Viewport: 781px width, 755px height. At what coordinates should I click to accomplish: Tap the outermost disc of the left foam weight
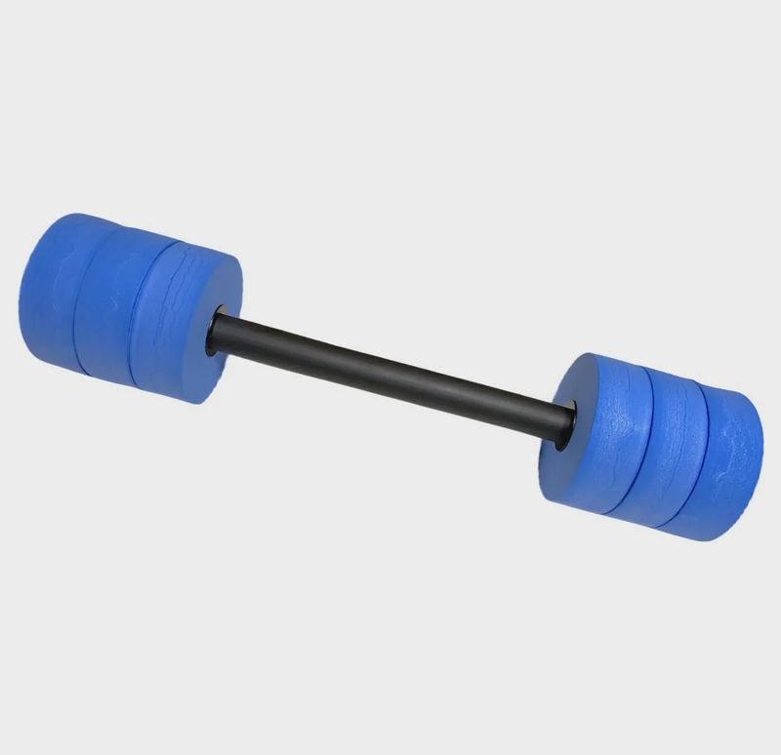coord(49,293)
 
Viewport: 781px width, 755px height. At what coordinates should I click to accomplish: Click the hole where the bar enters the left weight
coord(214,333)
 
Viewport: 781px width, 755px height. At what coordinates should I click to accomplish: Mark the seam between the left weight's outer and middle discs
coord(78,298)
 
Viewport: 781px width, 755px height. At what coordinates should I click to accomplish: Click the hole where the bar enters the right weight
coord(564,429)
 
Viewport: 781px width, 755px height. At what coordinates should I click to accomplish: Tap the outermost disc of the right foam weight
coord(727,468)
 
